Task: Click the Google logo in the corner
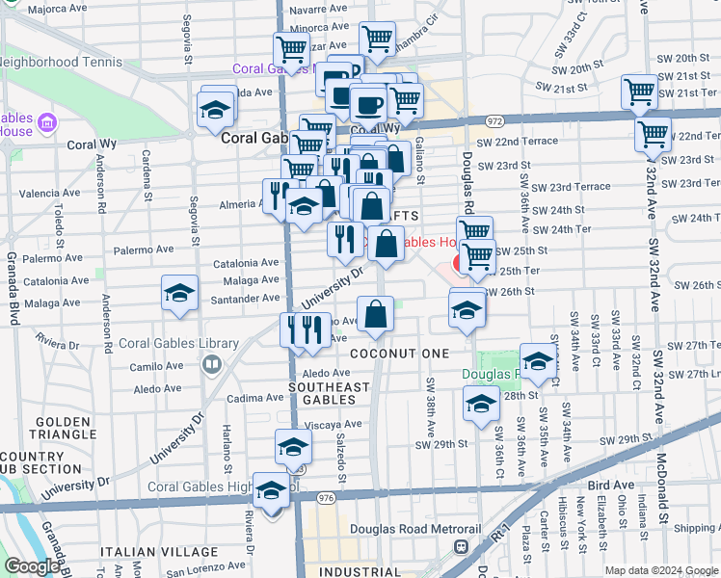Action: click(32, 566)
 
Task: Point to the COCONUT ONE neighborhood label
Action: click(399, 354)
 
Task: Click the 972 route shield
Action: click(494, 121)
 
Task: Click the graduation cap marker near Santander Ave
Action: click(179, 294)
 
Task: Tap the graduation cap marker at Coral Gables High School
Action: click(272, 489)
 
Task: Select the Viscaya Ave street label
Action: click(334, 424)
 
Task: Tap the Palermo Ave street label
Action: click(143, 250)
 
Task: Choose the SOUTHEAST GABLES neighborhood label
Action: click(329, 393)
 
